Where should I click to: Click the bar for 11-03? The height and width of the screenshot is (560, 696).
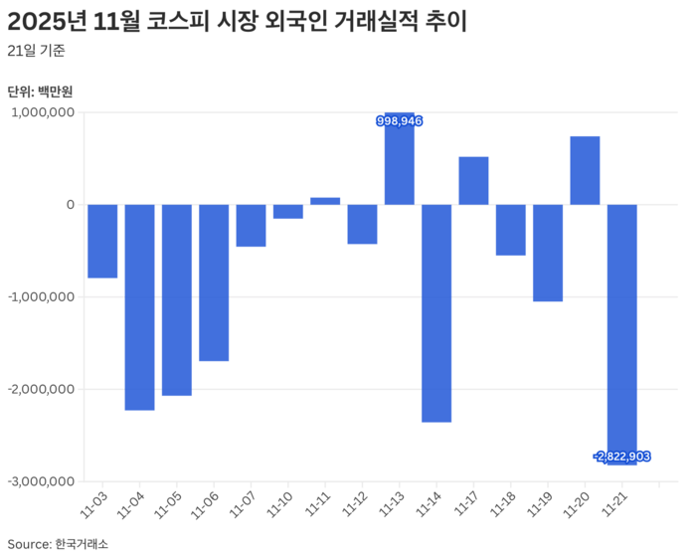(102, 241)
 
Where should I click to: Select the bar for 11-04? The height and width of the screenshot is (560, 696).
(139, 306)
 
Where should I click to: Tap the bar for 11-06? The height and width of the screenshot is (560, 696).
(214, 282)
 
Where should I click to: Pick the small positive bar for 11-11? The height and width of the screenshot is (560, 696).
(325, 201)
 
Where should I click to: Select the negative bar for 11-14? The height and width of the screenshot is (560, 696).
(436, 312)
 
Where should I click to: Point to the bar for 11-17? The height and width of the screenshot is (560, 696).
(473, 181)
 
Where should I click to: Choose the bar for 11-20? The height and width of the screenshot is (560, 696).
(585, 170)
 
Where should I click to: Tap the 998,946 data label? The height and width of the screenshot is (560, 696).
(400, 120)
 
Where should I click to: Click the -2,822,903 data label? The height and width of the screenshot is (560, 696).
(621, 456)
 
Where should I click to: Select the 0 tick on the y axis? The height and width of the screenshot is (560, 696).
(70, 205)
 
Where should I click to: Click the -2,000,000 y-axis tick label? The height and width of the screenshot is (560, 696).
(40, 389)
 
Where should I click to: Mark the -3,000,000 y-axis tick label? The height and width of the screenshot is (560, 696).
(40, 481)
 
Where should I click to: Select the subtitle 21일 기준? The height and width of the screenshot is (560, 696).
(36, 51)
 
